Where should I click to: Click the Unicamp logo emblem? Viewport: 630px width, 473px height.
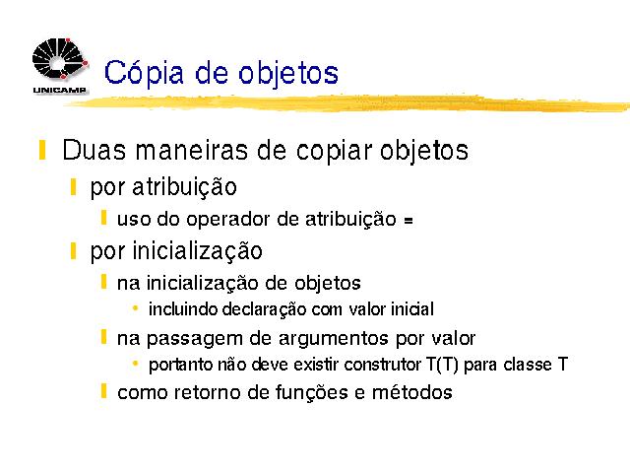(x=60, y=59)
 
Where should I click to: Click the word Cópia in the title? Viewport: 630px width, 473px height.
(x=144, y=73)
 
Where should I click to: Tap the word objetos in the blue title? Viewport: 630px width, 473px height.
(x=288, y=74)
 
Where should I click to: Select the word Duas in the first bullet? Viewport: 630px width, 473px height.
(x=94, y=150)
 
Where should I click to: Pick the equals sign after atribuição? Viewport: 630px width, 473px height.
(x=409, y=221)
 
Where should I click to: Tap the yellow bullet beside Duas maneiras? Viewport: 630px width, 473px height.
(x=42, y=150)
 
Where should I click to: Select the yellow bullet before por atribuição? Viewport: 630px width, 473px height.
(x=73, y=187)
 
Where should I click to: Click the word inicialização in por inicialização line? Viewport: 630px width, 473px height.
(x=197, y=251)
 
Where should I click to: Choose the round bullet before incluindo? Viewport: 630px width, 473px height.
(x=136, y=308)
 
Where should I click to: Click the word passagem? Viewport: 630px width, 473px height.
(x=195, y=339)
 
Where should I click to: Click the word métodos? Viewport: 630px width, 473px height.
(x=412, y=392)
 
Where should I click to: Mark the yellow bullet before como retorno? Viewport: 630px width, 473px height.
(x=103, y=391)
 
